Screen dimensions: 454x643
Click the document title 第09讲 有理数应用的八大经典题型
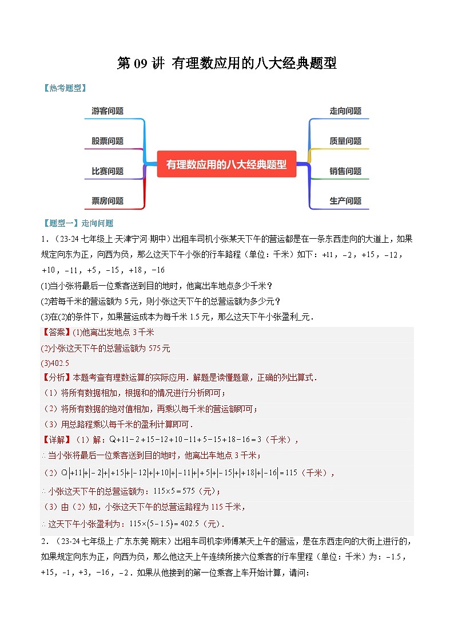226,64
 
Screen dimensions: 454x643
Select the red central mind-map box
226,164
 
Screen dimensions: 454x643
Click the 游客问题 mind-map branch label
107,111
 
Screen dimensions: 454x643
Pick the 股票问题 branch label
107,141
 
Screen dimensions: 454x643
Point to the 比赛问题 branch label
107,171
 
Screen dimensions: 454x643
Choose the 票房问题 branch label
107,200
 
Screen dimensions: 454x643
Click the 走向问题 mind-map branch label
345,111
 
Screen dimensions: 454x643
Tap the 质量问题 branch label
345,141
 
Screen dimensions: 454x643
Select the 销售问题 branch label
345,171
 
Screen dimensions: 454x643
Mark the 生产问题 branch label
345,200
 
